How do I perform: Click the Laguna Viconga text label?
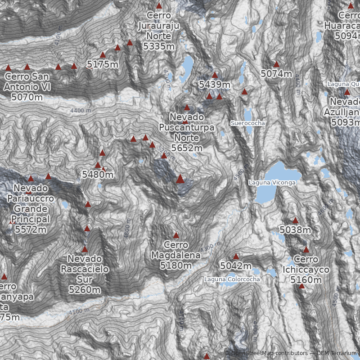[272, 183]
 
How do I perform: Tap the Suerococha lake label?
[248, 123]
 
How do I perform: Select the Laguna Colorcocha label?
[232, 279]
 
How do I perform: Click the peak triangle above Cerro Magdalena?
[176, 235]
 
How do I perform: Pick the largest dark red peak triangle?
[180, 179]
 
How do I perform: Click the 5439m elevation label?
[215, 85]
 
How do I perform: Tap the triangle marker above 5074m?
[276, 64]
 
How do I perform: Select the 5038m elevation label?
[295, 230]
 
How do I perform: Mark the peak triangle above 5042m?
[236, 256]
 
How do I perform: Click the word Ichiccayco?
[306, 270]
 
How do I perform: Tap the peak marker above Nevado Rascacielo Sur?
[85, 249]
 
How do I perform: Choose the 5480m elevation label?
[98, 174]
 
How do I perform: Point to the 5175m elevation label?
[103, 64]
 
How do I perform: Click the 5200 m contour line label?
[168, 154]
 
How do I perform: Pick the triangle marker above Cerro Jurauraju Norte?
[159, 6]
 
